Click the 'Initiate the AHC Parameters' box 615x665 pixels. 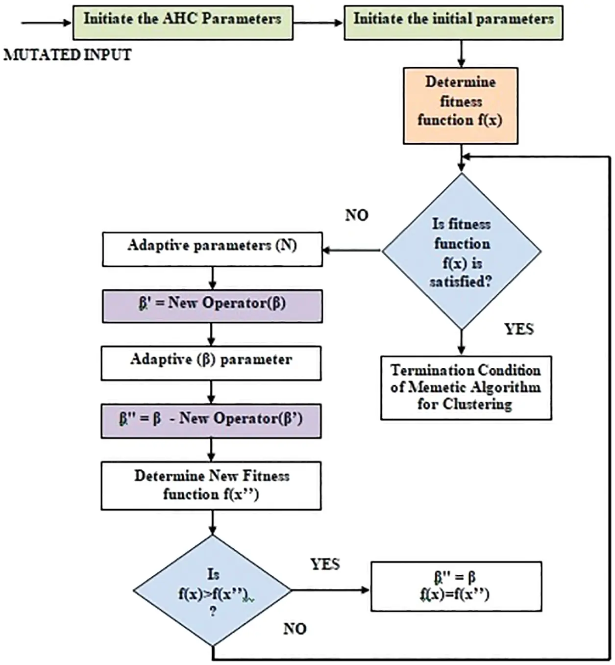tap(183, 23)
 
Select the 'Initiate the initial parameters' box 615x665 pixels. tap(453, 23)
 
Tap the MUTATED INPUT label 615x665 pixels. tap(68, 54)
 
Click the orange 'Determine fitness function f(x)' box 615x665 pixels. tap(460, 105)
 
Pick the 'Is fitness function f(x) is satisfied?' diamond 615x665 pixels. tap(461, 252)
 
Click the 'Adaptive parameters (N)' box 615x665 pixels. tap(212, 249)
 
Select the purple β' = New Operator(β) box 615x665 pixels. tap(212, 306)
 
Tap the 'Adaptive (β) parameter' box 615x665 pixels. tap(211, 363)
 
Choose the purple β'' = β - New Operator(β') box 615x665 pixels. tap(211, 420)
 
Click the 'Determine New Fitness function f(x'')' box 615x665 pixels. tap(211, 486)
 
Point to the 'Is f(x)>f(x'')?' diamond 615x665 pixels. tap(212, 590)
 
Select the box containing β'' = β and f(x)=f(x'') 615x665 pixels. tap(456, 587)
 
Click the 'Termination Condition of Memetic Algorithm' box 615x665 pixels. tap(466, 387)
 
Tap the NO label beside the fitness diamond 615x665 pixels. tap(357, 215)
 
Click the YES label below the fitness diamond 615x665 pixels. tap(518, 329)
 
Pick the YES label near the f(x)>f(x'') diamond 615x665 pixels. tap(325, 564)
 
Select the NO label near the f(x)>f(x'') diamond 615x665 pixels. tap(295, 629)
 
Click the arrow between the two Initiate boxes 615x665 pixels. tap(318, 23)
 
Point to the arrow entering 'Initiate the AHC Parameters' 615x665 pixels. tap(47, 23)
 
